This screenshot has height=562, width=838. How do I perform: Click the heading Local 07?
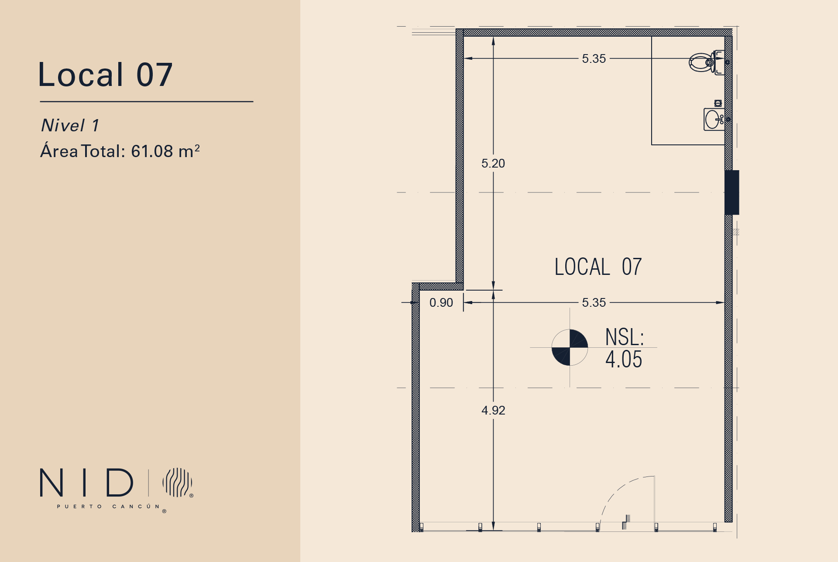point(106,75)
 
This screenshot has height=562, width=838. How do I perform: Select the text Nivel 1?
point(70,126)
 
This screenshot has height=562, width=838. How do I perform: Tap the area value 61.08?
point(152,151)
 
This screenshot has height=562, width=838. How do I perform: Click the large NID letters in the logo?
point(86,483)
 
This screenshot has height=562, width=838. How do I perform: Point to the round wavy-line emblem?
point(177,482)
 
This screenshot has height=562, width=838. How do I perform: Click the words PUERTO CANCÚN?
point(109,507)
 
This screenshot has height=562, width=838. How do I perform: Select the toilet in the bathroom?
point(706,62)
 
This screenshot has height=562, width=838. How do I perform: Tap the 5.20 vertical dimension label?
point(493,164)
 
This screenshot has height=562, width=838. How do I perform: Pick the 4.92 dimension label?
point(493,411)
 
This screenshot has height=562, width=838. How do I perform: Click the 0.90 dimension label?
point(441,303)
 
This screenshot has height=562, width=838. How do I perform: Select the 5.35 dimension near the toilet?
point(594,59)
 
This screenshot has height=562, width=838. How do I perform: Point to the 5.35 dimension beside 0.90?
point(594,303)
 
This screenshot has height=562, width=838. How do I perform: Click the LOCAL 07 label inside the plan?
point(598,267)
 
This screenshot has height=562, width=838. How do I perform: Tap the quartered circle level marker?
point(570,347)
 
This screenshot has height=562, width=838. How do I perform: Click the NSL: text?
point(625,337)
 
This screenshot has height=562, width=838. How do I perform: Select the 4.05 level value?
point(624,360)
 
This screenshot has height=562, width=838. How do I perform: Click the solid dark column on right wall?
point(732,192)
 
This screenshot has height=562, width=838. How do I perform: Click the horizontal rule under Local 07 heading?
point(147,102)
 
